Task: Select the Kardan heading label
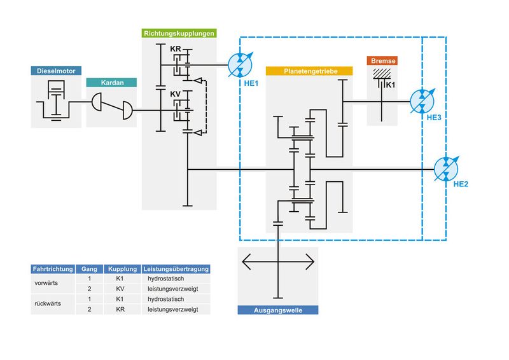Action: click(111, 83)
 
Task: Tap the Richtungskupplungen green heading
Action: click(179, 32)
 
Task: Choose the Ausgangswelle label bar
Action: click(277, 310)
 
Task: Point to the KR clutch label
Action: click(176, 49)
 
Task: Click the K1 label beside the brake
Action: click(391, 85)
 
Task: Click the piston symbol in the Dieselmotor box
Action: click(55, 90)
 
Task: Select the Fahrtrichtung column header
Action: click(53, 269)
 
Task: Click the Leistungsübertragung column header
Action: click(176, 269)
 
